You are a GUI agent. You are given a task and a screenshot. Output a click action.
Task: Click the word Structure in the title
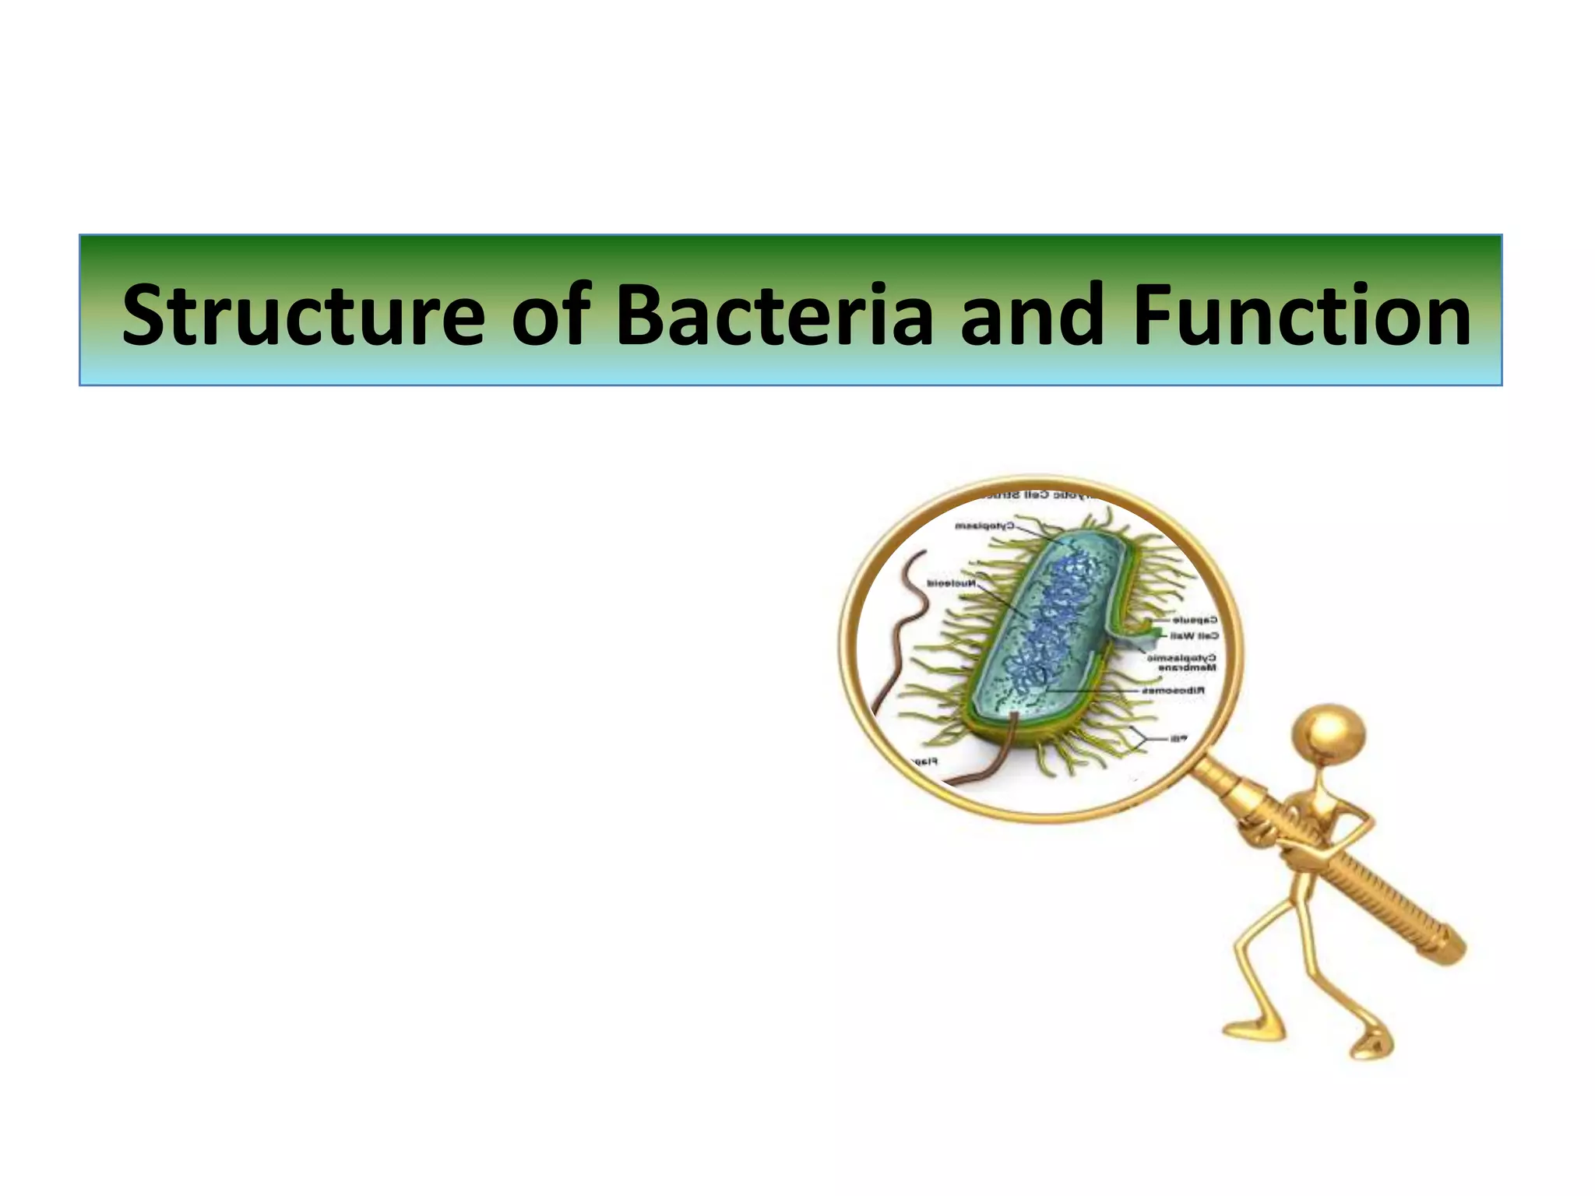305,315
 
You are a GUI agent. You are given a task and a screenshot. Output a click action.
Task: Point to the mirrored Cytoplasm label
984,526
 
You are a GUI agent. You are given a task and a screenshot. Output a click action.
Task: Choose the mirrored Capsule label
1193,621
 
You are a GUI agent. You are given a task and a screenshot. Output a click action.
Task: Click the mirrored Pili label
1177,736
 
